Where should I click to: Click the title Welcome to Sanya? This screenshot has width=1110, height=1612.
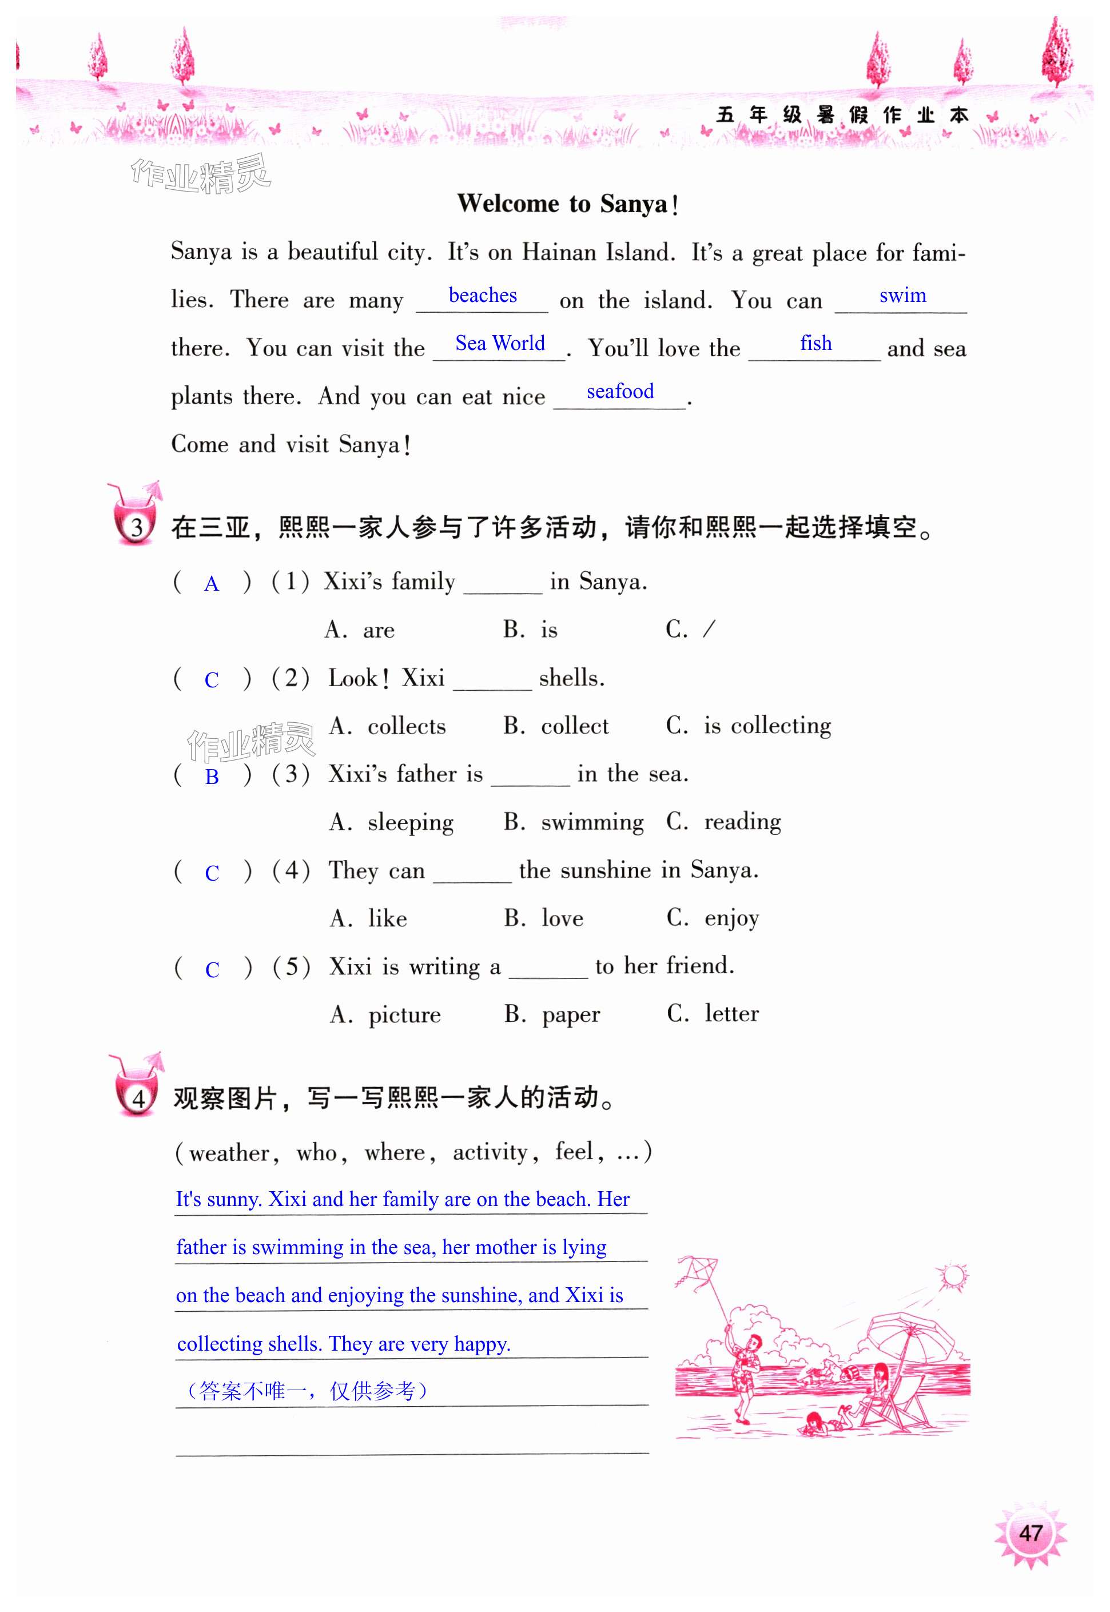[x=567, y=204]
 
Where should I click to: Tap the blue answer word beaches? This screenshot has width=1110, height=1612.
[x=482, y=296]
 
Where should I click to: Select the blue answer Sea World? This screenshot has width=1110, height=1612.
[x=499, y=344]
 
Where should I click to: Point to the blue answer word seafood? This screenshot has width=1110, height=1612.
[x=620, y=392]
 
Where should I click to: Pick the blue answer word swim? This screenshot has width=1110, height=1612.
[x=902, y=296]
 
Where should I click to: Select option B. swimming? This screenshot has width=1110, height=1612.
[x=574, y=822]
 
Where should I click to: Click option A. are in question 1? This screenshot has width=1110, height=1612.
[x=360, y=630]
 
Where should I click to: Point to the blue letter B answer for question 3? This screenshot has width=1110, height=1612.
[x=212, y=777]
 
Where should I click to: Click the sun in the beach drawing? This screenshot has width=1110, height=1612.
[x=952, y=1276]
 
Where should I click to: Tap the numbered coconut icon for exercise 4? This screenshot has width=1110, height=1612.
[x=137, y=1088]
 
